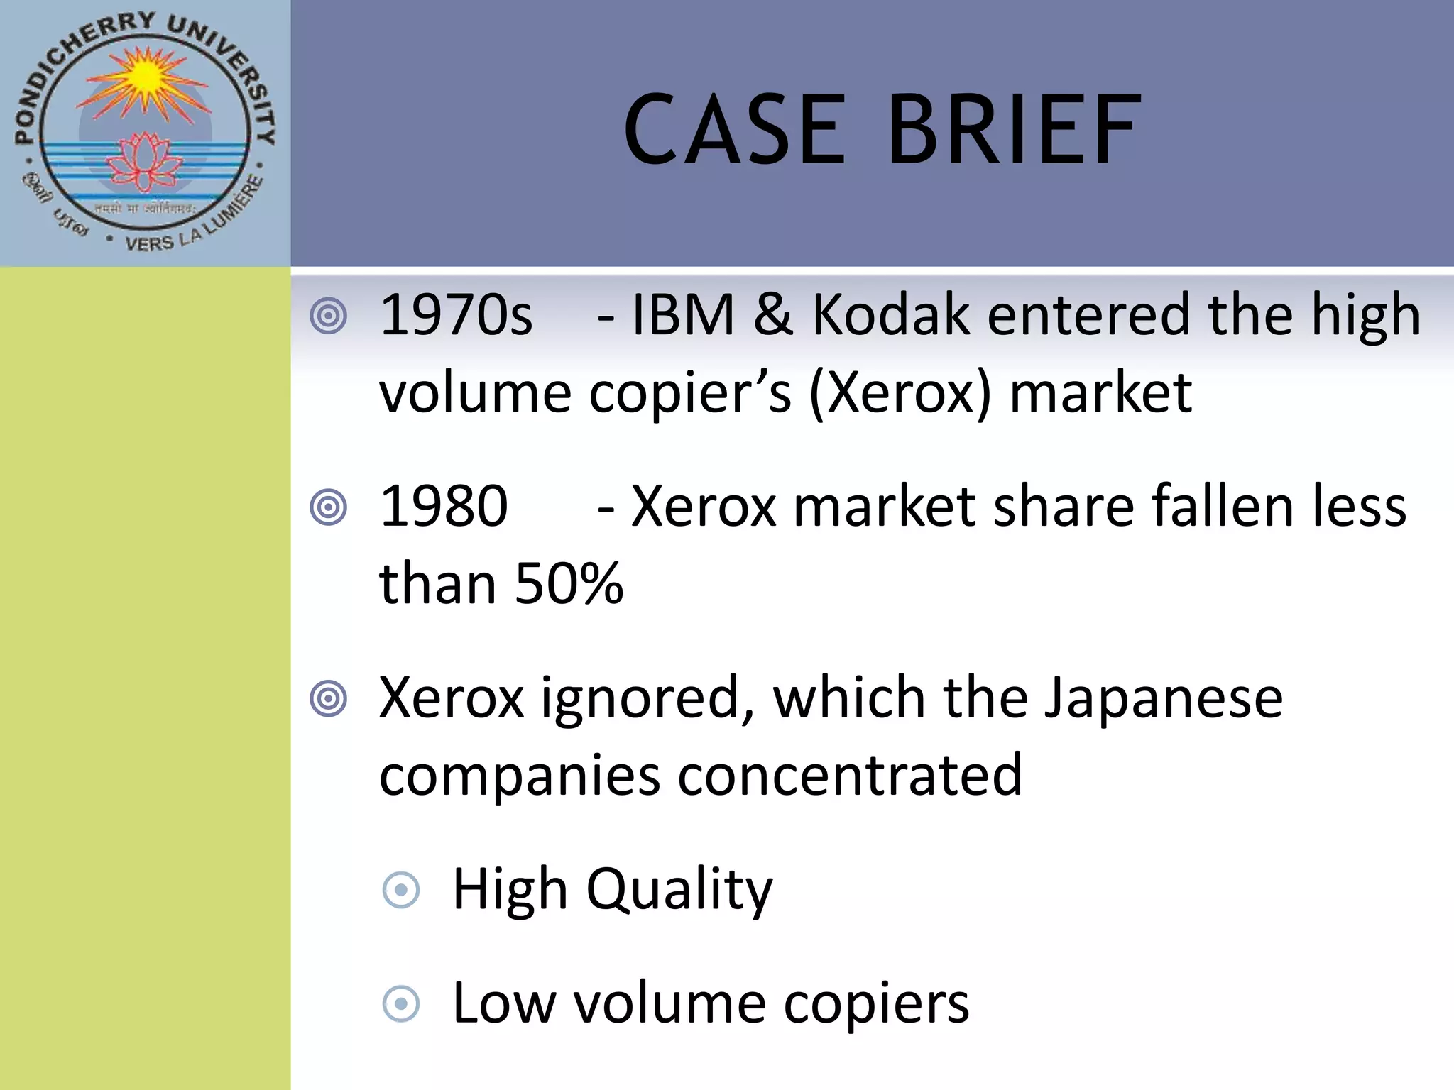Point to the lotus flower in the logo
[x=145, y=162]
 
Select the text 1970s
[x=456, y=315]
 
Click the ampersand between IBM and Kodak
[x=773, y=315]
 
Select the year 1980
[x=444, y=507]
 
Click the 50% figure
[x=569, y=584]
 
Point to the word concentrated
[x=850, y=776]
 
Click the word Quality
[x=679, y=890]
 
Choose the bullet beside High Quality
[x=401, y=890]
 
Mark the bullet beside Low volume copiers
[x=401, y=1004]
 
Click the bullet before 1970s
[x=329, y=316]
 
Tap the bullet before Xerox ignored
[x=329, y=699]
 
